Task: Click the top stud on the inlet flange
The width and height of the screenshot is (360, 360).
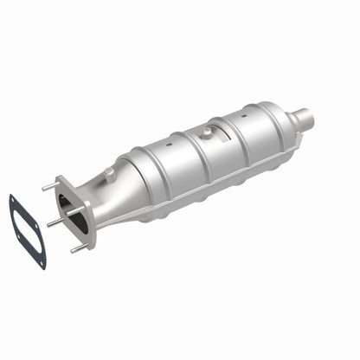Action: point(48,186)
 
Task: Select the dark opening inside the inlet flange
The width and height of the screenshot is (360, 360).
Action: point(77,212)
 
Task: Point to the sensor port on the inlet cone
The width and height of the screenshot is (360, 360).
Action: point(110,174)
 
